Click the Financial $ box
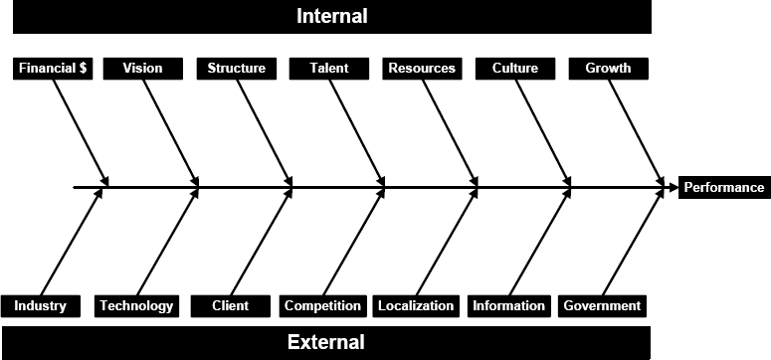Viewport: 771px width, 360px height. coord(55,69)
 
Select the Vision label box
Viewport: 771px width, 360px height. coord(142,69)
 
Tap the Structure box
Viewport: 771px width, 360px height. coord(236,69)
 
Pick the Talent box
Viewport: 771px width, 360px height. coord(328,69)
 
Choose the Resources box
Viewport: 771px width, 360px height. coord(422,69)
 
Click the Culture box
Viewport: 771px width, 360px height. coord(514,69)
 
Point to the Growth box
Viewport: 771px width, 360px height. coord(607,69)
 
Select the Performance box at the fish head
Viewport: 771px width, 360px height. coord(724,187)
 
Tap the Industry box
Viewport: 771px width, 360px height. coord(41,305)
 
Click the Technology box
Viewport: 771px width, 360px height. coord(136,305)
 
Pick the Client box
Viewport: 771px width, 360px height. coord(230,305)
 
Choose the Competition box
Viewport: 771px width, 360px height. coord(322,305)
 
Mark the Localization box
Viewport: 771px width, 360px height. coord(416,305)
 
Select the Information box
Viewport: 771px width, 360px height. coord(508,305)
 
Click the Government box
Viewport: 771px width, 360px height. coord(602,305)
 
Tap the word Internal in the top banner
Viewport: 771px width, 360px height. coord(331,16)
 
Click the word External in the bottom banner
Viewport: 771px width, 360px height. coord(325,343)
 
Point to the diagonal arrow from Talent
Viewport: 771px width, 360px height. coord(356,131)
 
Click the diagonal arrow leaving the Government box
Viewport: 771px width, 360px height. coord(632,243)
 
